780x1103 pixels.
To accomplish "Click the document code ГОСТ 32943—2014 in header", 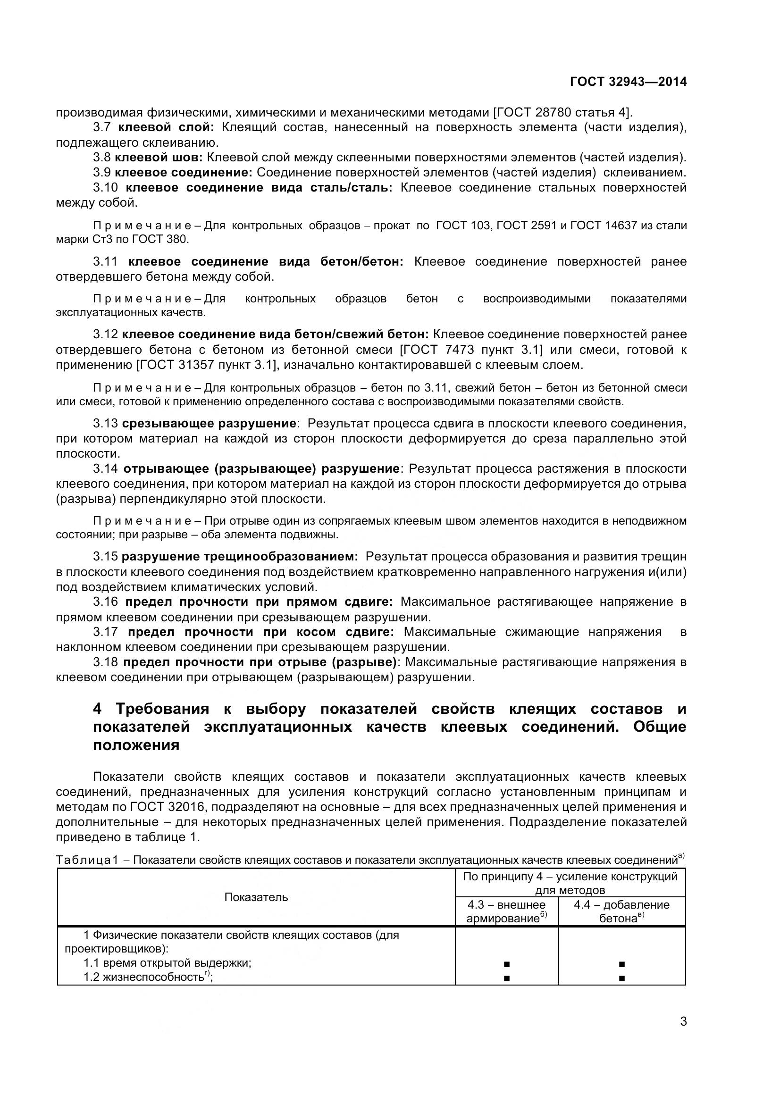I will pos(628,82).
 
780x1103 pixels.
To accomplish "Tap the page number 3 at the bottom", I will pos(683,1034).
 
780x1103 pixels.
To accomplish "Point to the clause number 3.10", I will pos(105,188).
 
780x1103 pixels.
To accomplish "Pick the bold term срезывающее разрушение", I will pos(209,423).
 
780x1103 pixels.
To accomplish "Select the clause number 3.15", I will pos(105,557).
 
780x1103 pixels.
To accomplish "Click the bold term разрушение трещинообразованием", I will pos(239,557).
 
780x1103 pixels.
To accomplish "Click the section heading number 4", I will pos(98,709).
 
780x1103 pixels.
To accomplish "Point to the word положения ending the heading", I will pos(136,745).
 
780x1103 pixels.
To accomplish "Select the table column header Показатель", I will pos(256,897).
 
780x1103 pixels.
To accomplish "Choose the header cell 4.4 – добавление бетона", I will pos(621,911).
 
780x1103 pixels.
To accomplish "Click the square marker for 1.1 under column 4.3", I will pos(506,964).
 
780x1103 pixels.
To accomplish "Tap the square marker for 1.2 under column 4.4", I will pos(621,978).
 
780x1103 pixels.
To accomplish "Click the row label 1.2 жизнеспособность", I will pos(147,977).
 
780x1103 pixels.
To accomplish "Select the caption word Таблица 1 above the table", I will pos(86,860).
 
